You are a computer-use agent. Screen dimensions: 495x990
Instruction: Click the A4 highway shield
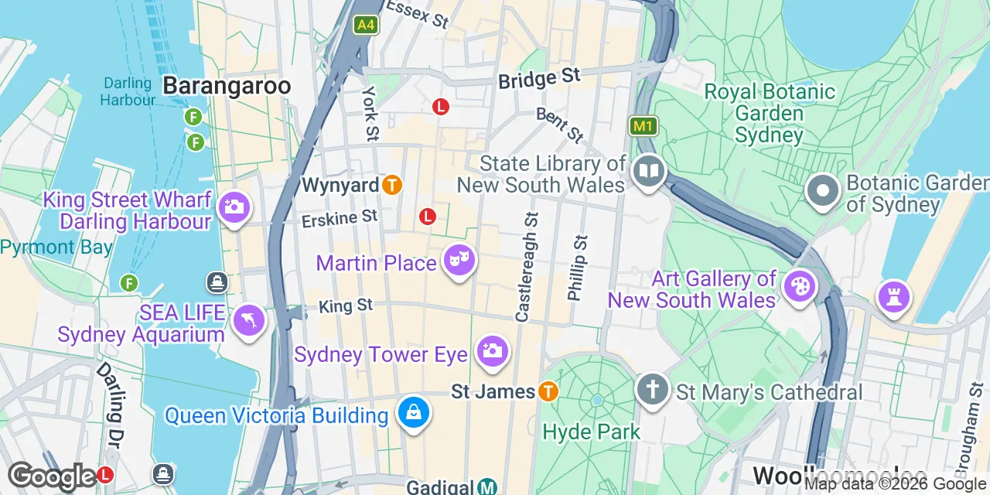pyautogui.click(x=366, y=26)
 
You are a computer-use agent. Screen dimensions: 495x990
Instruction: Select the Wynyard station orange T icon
pyautogui.click(x=393, y=185)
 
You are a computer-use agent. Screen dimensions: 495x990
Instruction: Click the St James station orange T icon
pyautogui.click(x=548, y=391)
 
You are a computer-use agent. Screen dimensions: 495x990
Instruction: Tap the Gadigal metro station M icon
pyautogui.click(x=486, y=486)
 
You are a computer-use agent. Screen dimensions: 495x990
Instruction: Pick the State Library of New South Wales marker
pyautogui.click(x=649, y=172)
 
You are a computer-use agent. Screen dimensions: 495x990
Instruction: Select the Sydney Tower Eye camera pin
pyautogui.click(x=491, y=352)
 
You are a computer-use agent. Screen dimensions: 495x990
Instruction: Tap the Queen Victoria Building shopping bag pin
pyautogui.click(x=414, y=413)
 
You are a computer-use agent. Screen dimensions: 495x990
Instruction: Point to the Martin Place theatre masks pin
pyautogui.click(x=459, y=261)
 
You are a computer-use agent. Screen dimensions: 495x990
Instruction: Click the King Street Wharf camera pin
pyautogui.click(x=234, y=208)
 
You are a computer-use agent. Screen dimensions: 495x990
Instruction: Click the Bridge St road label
pyautogui.click(x=539, y=78)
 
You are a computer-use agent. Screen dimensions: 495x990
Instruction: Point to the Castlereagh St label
pyautogui.click(x=527, y=268)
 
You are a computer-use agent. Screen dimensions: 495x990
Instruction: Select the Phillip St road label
pyautogui.click(x=578, y=268)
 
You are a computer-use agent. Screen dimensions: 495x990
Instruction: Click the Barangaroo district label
pyautogui.click(x=227, y=86)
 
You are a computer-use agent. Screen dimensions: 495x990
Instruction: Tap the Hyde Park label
pyautogui.click(x=592, y=431)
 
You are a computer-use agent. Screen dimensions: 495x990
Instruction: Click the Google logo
pyautogui.click(x=52, y=476)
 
